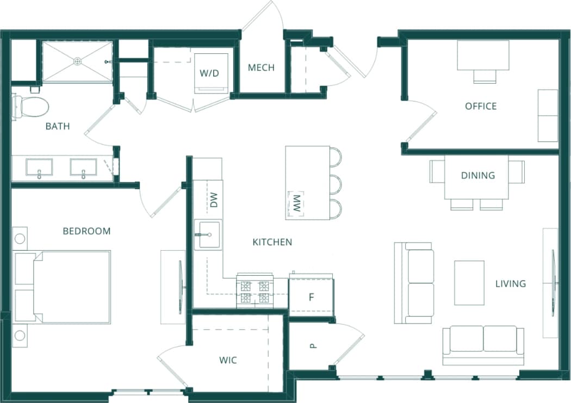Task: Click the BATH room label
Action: click(58, 126)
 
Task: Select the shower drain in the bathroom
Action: click(78, 61)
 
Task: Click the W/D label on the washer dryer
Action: click(209, 73)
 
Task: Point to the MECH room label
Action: click(261, 68)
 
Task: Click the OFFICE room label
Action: click(481, 106)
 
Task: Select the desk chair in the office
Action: click(485, 76)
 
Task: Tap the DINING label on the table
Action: click(477, 175)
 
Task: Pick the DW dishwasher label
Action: click(214, 200)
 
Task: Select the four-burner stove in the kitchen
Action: click(255, 292)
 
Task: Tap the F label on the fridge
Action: click(312, 297)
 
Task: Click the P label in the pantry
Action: click(313, 345)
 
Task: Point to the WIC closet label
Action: click(228, 360)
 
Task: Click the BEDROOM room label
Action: click(86, 231)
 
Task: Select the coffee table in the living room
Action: click(469, 283)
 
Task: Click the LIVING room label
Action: click(510, 283)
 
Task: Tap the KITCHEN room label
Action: click(272, 242)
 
